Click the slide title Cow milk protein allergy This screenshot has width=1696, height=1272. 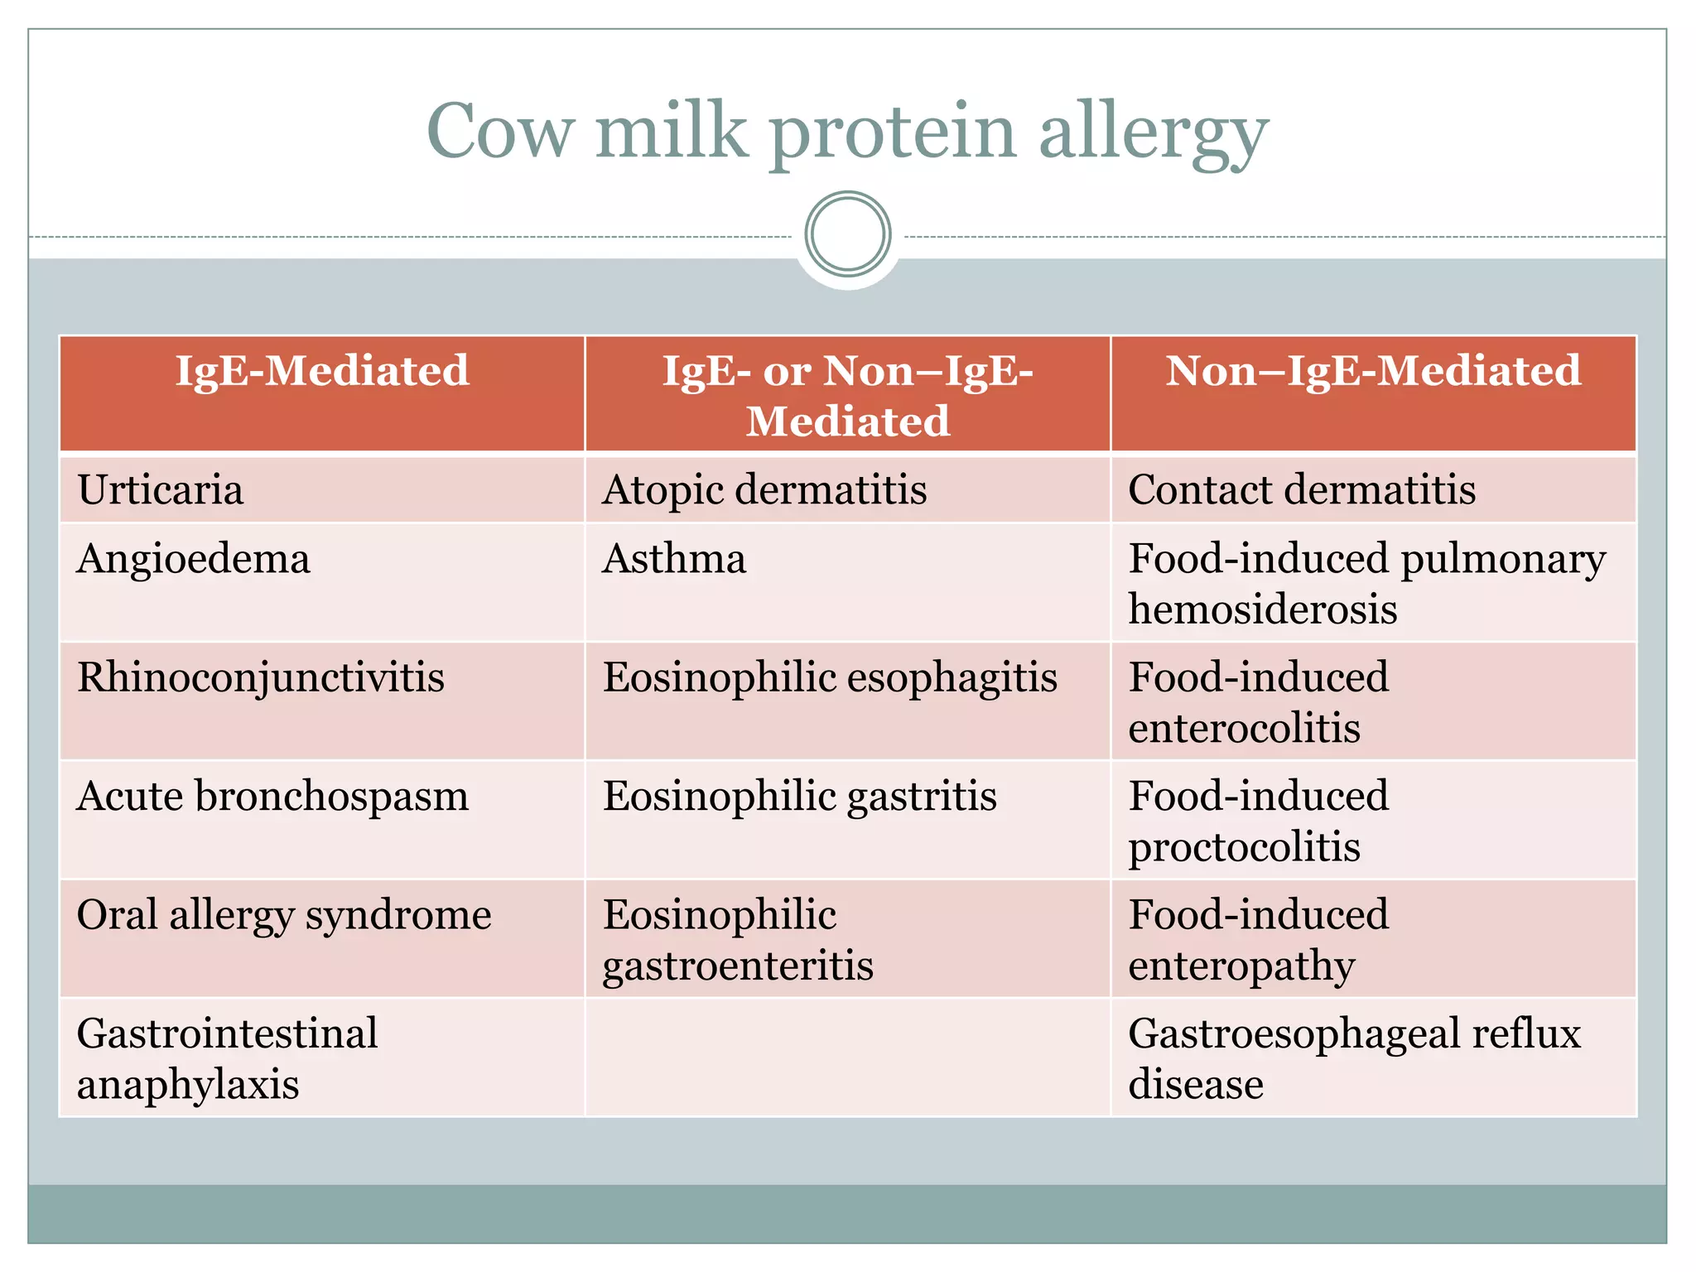click(x=847, y=132)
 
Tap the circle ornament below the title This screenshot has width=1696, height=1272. click(x=847, y=234)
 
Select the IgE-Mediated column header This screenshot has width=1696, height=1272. click(x=322, y=370)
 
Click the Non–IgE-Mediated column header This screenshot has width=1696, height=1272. click(x=1373, y=370)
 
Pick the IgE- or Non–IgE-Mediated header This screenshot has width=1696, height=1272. click(x=847, y=395)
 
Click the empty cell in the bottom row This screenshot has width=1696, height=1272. click(x=847, y=1058)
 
